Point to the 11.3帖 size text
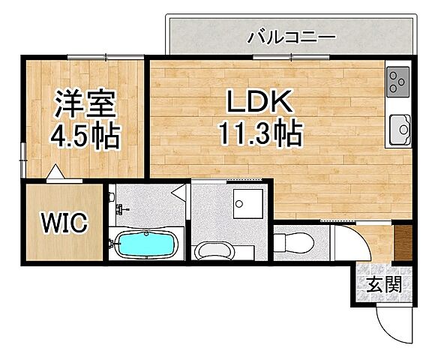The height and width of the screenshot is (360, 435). click(259, 135)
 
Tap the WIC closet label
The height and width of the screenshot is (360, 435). click(63, 223)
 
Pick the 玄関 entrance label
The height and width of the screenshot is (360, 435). click(383, 285)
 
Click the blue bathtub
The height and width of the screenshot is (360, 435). click(146, 244)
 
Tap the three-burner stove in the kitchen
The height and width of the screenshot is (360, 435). click(397, 82)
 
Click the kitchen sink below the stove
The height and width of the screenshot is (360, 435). click(398, 130)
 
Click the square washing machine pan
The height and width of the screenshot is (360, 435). click(245, 202)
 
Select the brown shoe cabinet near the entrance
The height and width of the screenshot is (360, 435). click(403, 243)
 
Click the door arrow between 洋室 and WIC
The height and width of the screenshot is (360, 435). click(55, 174)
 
